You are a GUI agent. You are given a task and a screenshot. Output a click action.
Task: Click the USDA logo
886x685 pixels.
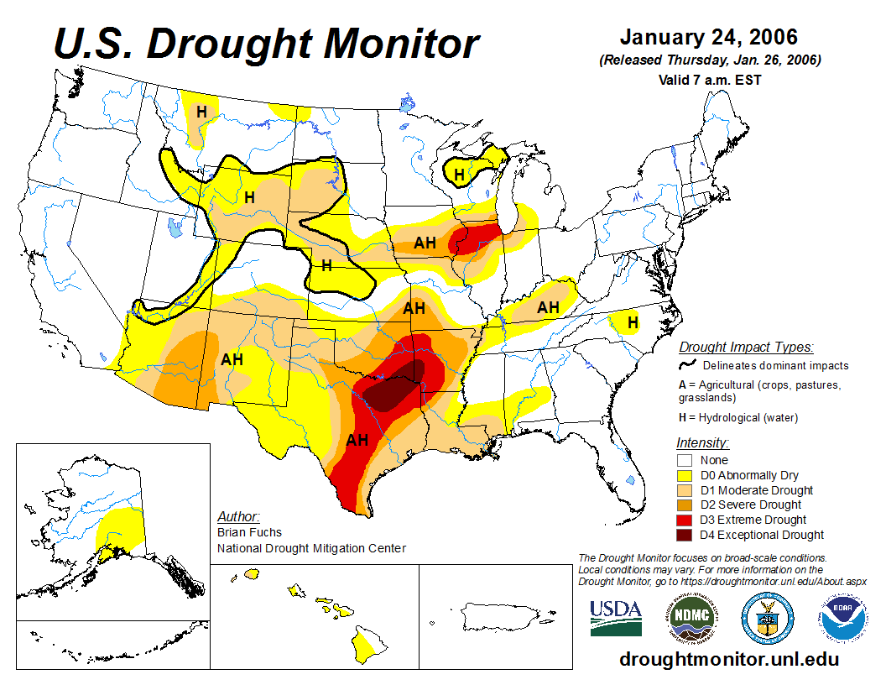click(615, 618)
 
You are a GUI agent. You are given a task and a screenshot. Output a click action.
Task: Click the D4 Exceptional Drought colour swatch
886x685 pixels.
click(685, 535)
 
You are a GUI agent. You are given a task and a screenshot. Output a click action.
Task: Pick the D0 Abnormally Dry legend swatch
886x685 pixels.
click(685, 475)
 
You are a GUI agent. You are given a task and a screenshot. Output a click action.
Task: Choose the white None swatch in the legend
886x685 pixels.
click(685, 460)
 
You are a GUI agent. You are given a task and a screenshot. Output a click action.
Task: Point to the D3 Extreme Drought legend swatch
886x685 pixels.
click(685, 520)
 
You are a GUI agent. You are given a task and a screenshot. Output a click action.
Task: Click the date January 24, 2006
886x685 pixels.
click(709, 38)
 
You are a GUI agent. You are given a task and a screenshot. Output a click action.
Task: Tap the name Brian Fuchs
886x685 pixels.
click(249, 532)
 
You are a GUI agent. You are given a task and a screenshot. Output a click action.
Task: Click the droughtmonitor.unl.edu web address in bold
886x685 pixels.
click(728, 659)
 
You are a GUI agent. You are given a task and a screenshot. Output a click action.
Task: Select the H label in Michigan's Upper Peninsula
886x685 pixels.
click(459, 175)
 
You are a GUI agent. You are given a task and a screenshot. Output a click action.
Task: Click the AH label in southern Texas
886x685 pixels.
click(357, 440)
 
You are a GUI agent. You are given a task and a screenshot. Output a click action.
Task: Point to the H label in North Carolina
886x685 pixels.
click(633, 322)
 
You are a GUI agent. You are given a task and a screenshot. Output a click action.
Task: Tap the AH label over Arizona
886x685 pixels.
click(232, 359)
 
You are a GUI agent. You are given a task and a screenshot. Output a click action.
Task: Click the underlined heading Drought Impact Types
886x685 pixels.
click(745, 347)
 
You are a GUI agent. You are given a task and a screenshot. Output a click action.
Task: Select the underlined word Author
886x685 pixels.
click(238, 516)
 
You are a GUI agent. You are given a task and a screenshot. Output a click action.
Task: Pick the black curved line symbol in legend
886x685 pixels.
click(687, 365)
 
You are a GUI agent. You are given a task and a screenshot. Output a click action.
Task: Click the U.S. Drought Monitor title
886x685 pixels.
click(267, 44)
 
